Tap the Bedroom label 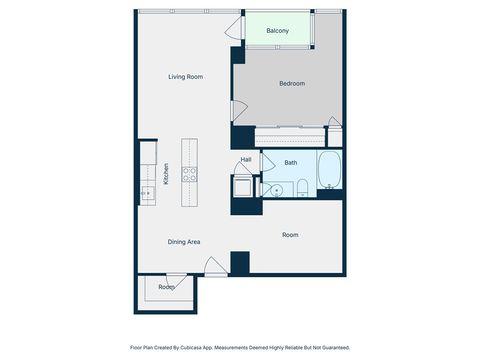[x=292, y=83]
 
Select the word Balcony [x=278, y=32]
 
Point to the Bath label [x=290, y=162]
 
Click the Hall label [x=245, y=160]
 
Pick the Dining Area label [x=183, y=241]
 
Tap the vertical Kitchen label [x=166, y=174]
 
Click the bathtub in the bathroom [x=330, y=172]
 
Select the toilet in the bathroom [x=301, y=187]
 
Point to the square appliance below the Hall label [x=242, y=187]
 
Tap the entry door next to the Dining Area [x=213, y=266]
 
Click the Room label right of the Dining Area [x=290, y=235]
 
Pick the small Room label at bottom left [x=166, y=287]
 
